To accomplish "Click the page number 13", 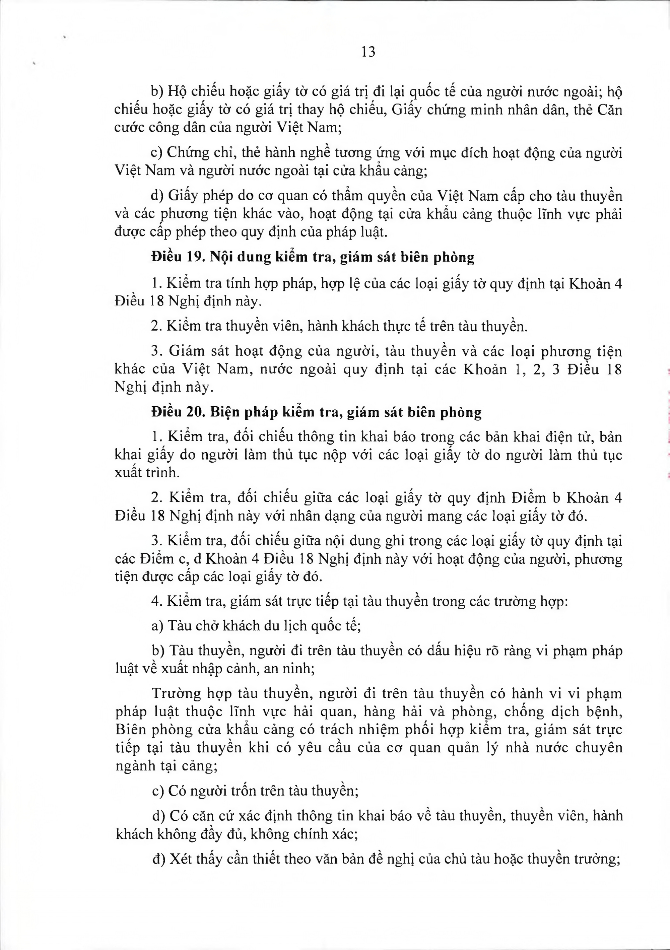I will pyautogui.click(x=368, y=52).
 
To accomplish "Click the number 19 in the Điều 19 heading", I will pyautogui.click(x=195, y=257).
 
